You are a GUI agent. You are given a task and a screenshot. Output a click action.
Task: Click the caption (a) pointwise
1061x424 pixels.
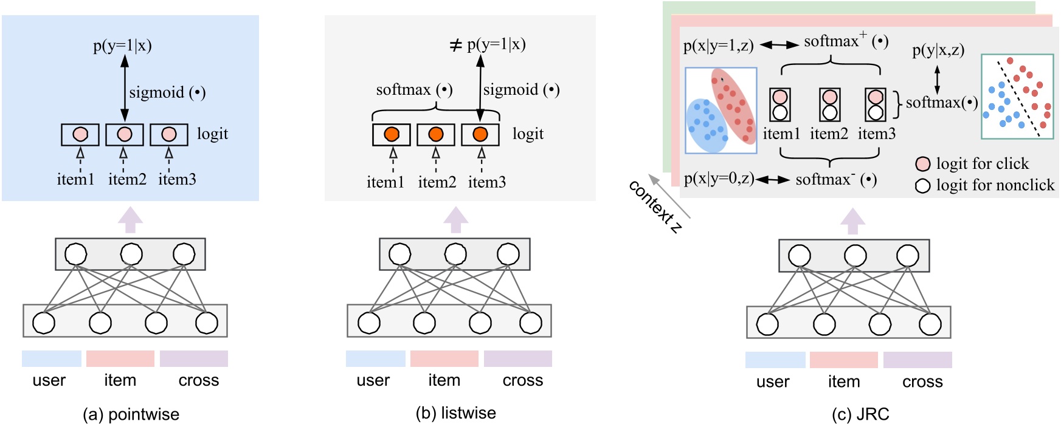(x=131, y=414)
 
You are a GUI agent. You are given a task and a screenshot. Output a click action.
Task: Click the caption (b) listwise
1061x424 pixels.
(x=455, y=413)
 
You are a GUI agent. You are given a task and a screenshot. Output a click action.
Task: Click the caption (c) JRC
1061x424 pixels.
(x=860, y=414)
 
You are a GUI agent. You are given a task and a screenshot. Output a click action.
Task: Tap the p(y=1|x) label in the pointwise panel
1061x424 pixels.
(x=122, y=46)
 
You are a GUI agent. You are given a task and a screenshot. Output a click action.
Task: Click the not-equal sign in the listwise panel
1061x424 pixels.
(x=455, y=45)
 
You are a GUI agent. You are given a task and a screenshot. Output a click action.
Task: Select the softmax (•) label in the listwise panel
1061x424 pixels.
(x=413, y=90)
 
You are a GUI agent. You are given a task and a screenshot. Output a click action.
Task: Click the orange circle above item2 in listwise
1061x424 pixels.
(x=435, y=134)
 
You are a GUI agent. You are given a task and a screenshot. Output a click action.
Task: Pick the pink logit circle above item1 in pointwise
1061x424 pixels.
(x=80, y=134)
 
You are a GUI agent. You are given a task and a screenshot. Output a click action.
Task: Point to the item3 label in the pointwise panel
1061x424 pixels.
(x=177, y=179)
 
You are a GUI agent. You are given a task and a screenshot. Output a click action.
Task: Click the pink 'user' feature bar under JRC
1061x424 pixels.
(x=775, y=360)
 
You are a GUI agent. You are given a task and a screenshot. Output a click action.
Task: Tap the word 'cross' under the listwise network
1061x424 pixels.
(x=522, y=380)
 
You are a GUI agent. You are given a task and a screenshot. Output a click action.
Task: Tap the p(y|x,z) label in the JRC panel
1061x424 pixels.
(x=938, y=50)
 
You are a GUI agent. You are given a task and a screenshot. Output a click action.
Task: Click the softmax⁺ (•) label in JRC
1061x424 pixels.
(x=845, y=41)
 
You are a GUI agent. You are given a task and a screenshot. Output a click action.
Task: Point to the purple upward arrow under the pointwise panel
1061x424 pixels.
(x=130, y=219)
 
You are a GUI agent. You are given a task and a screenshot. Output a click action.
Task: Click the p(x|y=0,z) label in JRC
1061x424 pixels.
(x=719, y=179)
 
